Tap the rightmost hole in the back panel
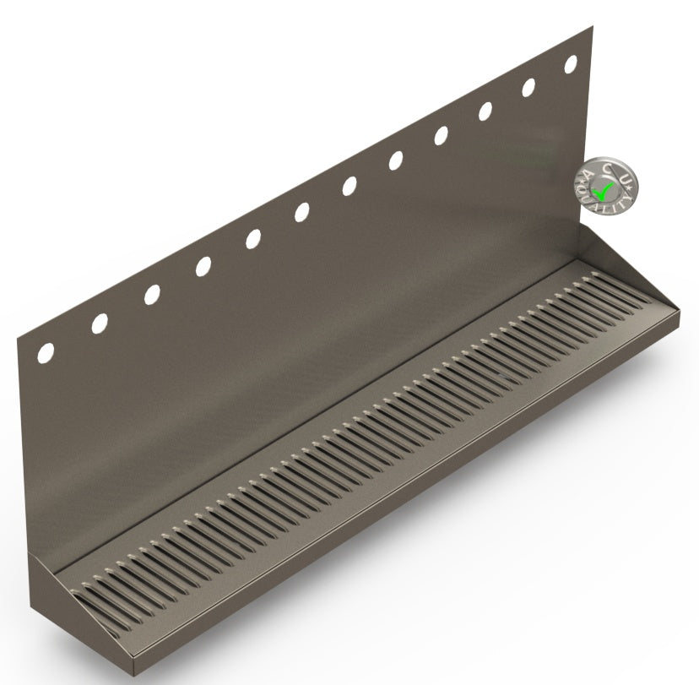pyautogui.click(x=571, y=63)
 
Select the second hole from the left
pyautogui.click(x=99, y=323)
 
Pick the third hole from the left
pyautogui.click(x=151, y=294)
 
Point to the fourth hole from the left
pyautogui.click(x=203, y=266)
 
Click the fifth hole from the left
pyautogui.click(x=253, y=239)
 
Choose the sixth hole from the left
pyautogui.click(x=301, y=212)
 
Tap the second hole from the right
pyautogui.click(x=529, y=86)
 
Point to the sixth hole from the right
pyautogui.click(x=349, y=186)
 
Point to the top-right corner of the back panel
pyautogui.click(x=590, y=26)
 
